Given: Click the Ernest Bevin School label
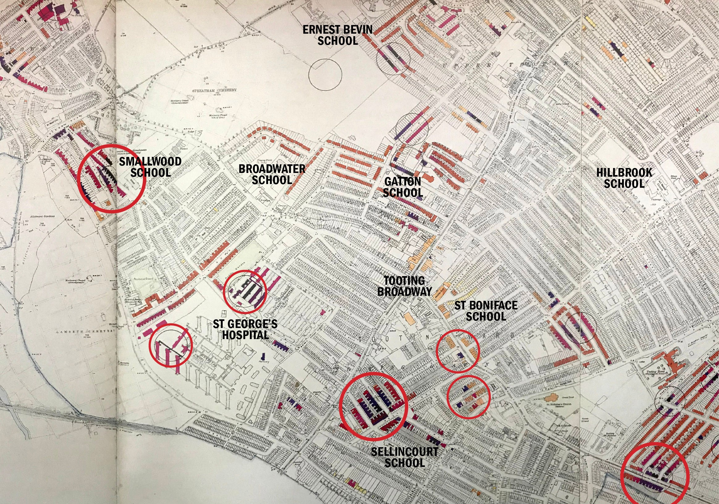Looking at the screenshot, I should tap(337, 35).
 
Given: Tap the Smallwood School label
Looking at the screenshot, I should tap(150, 167).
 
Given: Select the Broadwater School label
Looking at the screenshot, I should tap(272, 174).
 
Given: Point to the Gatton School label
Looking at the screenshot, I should tap(403, 187).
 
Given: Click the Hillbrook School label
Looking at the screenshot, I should tap(624, 178).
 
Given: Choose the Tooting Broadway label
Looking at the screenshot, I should tap(404, 286).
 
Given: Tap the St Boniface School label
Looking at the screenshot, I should tap(486, 311).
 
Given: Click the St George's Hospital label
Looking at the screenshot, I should tap(245, 329).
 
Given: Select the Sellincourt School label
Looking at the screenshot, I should tap(405, 457).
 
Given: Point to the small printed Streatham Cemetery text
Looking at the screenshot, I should tap(214, 90).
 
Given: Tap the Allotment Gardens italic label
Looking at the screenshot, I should tap(43, 216).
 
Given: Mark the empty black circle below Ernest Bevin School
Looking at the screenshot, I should tap(325, 75).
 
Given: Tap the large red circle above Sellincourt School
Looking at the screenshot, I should tap(374, 406).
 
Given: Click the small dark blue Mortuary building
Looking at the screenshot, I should tap(263, 357).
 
